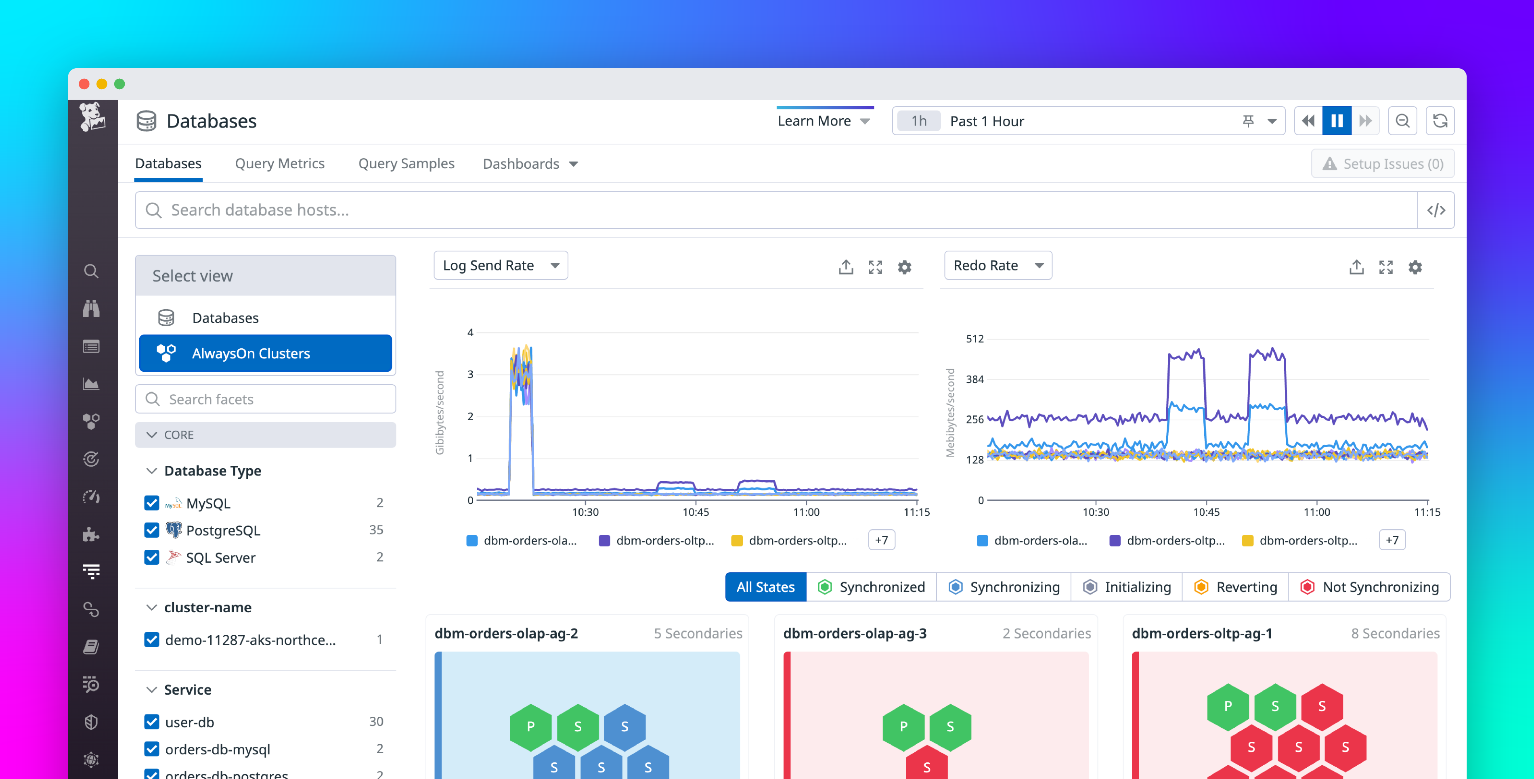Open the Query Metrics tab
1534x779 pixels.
click(279, 164)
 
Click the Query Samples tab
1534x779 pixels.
click(406, 164)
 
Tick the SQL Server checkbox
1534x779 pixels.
click(152, 557)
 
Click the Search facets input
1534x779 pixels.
click(266, 399)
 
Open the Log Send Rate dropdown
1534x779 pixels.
click(500, 266)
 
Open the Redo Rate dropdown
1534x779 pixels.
click(998, 266)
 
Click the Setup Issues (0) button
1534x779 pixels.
click(1382, 164)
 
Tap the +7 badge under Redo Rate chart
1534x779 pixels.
click(1391, 540)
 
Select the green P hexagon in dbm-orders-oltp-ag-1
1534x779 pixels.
click(1227, 706)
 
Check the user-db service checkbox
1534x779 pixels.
click(152, 722)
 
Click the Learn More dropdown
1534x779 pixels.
click(824, 121)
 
